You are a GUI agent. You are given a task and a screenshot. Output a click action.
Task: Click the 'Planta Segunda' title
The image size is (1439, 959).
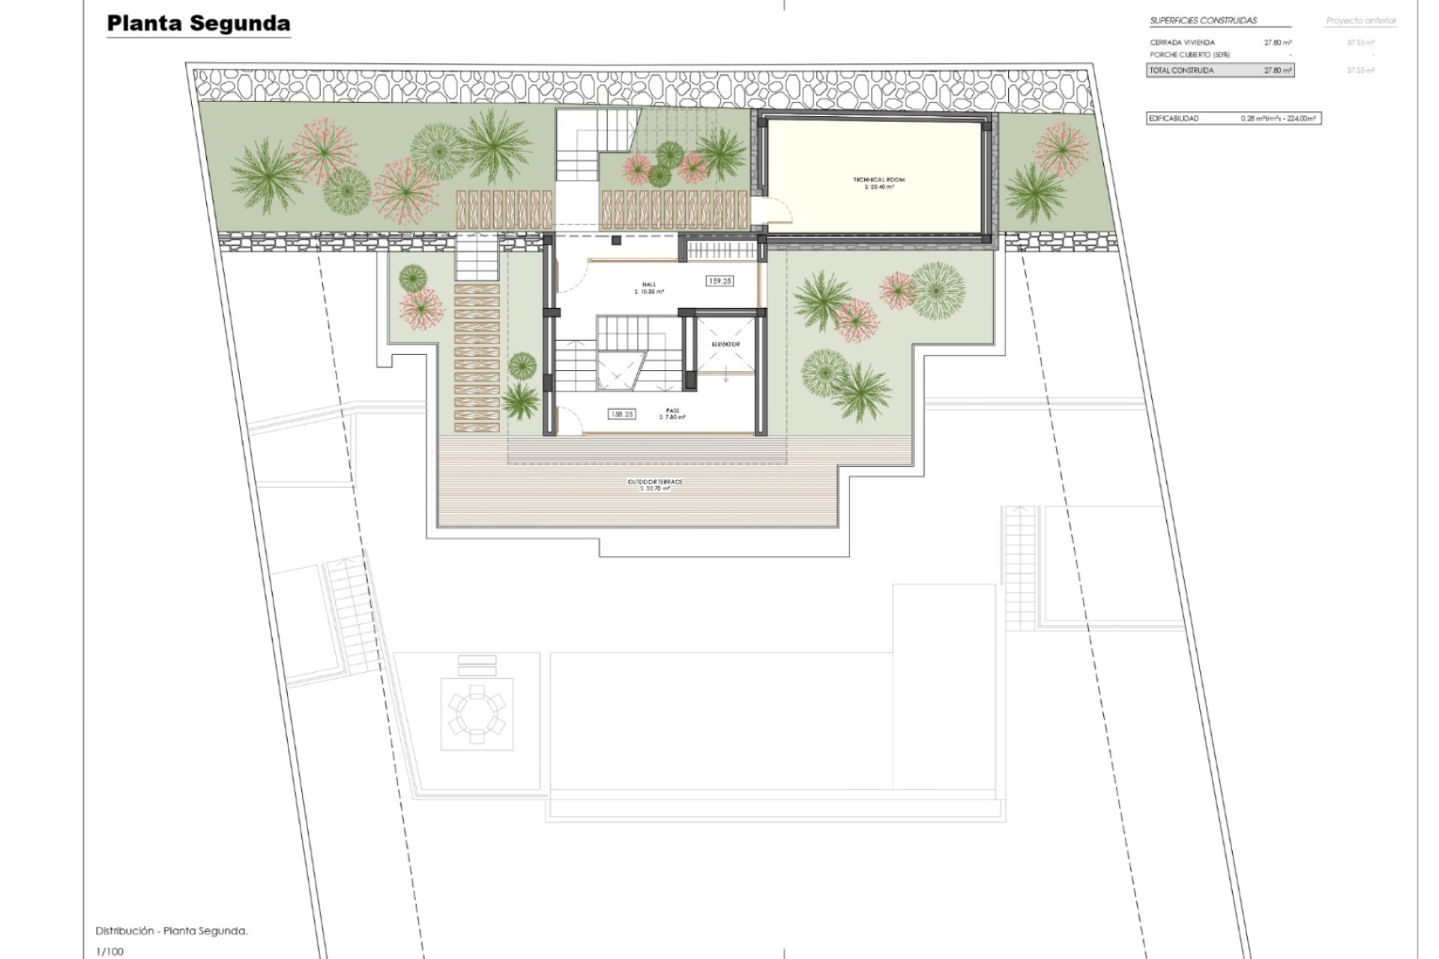[x=199, y=23]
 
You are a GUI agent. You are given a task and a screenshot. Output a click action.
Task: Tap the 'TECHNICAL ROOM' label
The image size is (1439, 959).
[x=878, y=180]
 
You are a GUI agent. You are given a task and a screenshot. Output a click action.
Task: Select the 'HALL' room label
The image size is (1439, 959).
[x=649, y=285]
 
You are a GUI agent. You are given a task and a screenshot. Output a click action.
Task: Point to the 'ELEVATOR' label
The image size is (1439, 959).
[x=725, y=345]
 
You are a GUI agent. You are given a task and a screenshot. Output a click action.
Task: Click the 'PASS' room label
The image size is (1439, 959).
[x=672, y=411]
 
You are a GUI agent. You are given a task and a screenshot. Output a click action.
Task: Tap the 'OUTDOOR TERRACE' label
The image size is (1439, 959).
[x=655, y=482]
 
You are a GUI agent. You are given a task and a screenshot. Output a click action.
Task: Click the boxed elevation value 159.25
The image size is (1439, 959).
[x=719, y=281]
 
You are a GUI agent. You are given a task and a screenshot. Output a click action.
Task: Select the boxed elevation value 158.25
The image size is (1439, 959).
[x=622, y=414]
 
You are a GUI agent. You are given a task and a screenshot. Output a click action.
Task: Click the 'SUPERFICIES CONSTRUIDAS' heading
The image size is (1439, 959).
[x=1203, y=20]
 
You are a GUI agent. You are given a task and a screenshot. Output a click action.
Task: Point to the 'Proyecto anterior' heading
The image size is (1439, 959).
[x=1361, y=21]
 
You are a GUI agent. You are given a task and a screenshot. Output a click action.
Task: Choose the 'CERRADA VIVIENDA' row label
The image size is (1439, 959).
[x=1182, y=43]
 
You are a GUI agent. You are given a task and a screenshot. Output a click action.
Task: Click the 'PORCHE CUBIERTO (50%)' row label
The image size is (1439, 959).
[x=1189, y=55]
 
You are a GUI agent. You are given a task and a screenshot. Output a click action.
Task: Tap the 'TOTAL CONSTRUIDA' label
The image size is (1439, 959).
[x=1182, y=70]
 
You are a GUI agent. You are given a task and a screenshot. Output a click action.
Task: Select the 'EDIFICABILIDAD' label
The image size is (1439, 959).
[x=1174, y=118]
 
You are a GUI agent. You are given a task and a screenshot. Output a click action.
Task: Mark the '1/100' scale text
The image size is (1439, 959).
[x=109, y=952]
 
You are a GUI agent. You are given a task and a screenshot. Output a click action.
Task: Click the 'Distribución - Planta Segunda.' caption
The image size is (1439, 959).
[x=172, y=931]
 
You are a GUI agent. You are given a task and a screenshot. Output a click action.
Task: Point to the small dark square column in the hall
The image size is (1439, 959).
[x=616, y=240]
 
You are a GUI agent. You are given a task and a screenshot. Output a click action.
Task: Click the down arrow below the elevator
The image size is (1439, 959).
[x=725, y=377]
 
